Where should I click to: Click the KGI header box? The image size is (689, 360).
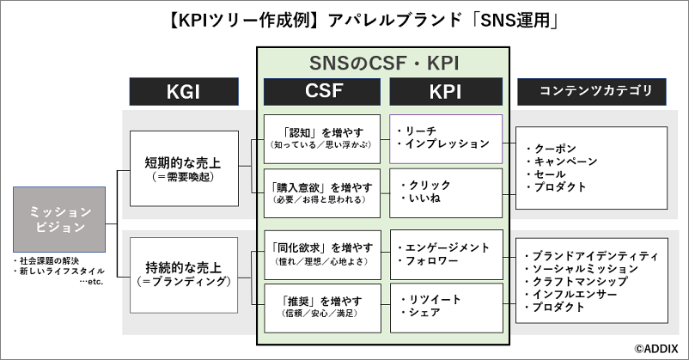[x=184, y=91]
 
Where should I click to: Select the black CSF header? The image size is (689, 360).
[x=322, y=91]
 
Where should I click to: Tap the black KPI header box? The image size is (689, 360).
[x=446, y=91]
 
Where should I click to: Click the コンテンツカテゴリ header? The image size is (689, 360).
[x=591, y=91]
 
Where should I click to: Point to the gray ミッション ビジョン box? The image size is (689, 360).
[x=59, y=219]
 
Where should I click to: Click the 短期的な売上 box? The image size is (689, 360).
[x=184, y=168]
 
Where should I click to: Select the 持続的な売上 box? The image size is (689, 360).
[x=184, y=275]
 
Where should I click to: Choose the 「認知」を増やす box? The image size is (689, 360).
[x=322, y=139]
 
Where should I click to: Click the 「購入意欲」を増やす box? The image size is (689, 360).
[x=322, y=193]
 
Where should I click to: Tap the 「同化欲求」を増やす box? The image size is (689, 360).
[x=322, y=254]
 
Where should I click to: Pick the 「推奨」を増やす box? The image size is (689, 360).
[x=322, y=308]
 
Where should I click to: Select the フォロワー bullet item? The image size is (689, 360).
[x=428, y=260]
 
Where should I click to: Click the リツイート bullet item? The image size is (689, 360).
[x=430, y=300]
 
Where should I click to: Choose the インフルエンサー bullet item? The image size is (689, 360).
[x=571, y=294]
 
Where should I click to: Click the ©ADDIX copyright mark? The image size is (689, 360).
[x=656, y=349]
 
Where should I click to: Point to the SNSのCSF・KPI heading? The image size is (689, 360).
[x=384, y=64]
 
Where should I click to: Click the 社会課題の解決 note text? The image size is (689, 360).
[x=46, y=261]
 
